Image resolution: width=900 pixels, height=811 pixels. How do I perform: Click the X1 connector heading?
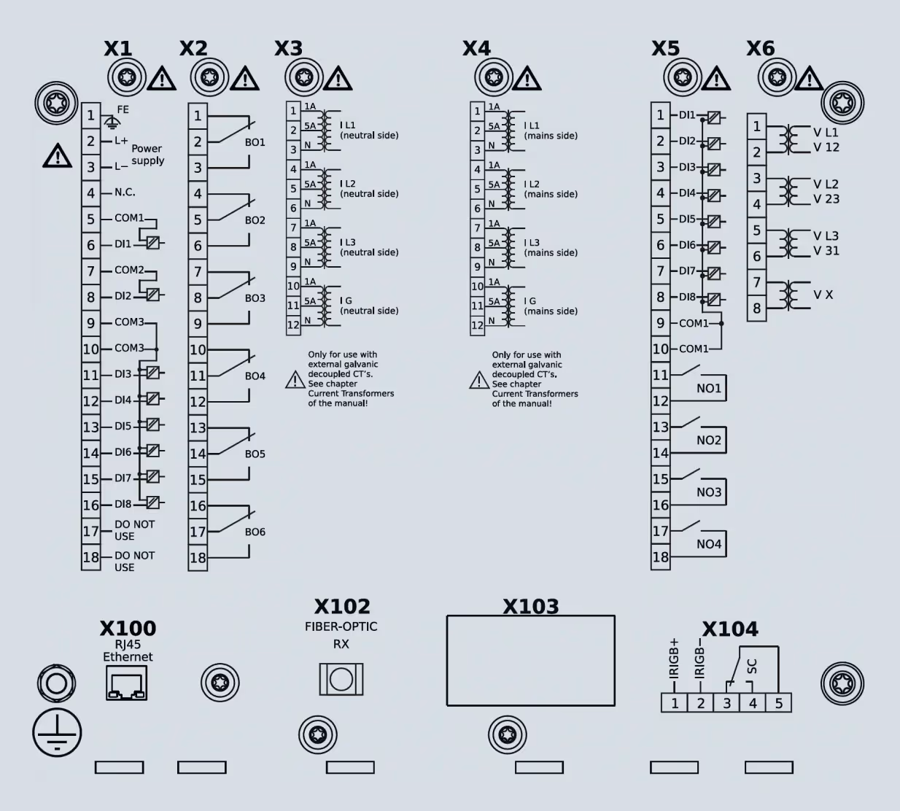117,49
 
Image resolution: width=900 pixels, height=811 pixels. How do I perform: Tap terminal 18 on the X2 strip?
198,558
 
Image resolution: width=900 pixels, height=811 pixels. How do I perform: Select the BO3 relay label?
255,298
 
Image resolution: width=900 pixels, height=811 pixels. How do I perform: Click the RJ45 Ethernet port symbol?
126,683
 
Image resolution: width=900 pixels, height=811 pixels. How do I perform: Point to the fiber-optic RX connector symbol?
341,679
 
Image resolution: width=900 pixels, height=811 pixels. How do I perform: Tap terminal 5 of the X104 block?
779,703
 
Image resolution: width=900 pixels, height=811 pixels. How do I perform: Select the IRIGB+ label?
674,658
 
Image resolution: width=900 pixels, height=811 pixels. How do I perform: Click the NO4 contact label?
708,544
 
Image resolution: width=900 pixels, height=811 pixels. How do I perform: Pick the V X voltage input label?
823,295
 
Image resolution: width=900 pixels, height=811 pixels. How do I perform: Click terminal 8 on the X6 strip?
756,309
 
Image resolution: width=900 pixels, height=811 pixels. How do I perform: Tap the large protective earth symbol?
57,732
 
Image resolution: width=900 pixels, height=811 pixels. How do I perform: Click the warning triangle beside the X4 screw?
527,78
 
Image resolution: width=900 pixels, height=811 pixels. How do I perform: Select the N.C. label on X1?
125,193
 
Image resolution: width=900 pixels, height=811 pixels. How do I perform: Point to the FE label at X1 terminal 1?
123,109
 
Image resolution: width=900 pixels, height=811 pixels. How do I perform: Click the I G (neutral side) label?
369,306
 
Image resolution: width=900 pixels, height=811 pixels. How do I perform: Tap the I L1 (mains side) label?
551,131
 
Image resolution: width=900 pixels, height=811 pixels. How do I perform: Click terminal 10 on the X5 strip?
660,349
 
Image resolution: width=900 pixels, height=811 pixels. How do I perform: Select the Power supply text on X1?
147,155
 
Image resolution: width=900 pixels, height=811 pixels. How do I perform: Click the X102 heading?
342,607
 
